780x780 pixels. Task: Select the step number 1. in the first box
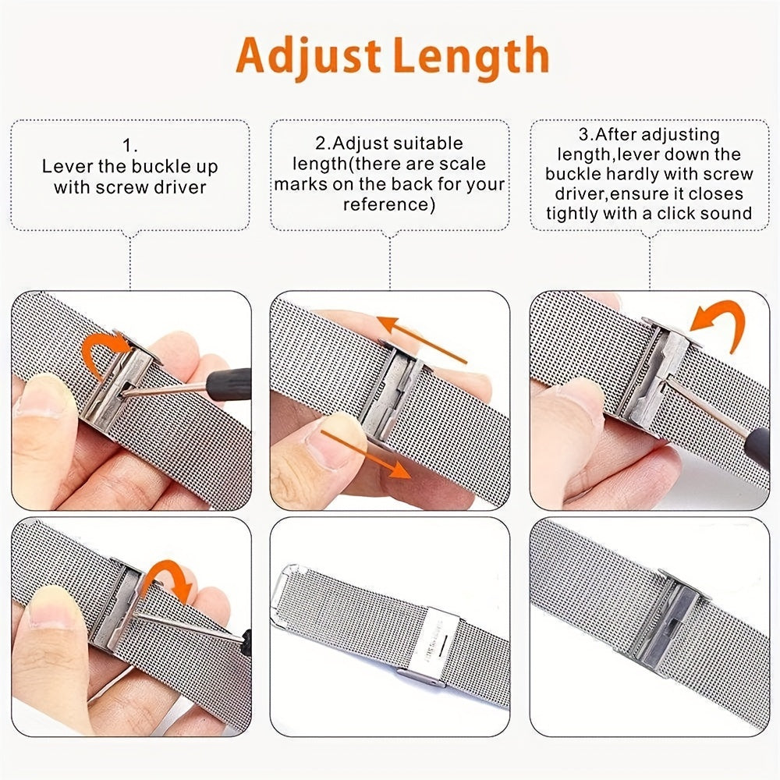(x=129, y=146)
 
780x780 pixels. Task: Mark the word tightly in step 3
(x=576, y=214)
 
